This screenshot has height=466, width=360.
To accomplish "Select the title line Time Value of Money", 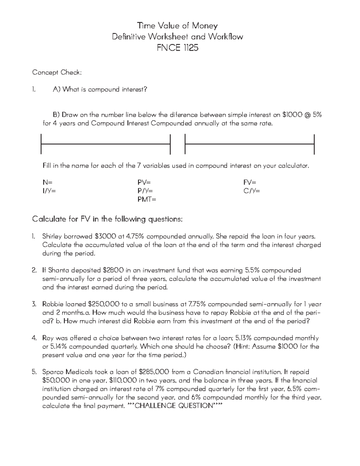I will [177, 26].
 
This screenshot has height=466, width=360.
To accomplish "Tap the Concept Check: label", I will [57, 72].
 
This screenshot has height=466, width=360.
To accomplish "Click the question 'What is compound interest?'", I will [105, 89].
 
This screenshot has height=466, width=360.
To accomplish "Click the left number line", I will [105, 144].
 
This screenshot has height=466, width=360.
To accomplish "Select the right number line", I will [250, 144].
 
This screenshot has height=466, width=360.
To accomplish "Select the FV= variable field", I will [250, 182].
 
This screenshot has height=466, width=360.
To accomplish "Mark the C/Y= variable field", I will [252, 191].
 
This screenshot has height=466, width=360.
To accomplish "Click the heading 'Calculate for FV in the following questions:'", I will [107, 219].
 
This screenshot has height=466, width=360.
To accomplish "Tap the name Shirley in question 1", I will [52, 236].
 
